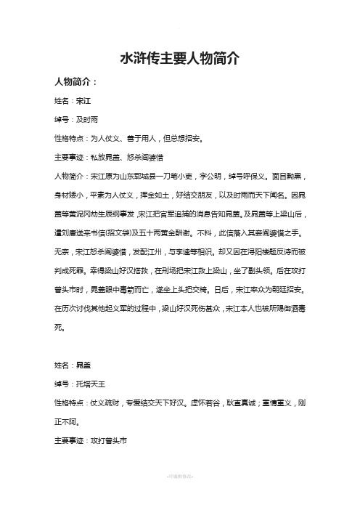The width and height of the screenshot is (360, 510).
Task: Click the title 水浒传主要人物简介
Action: [x=179, y=59]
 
